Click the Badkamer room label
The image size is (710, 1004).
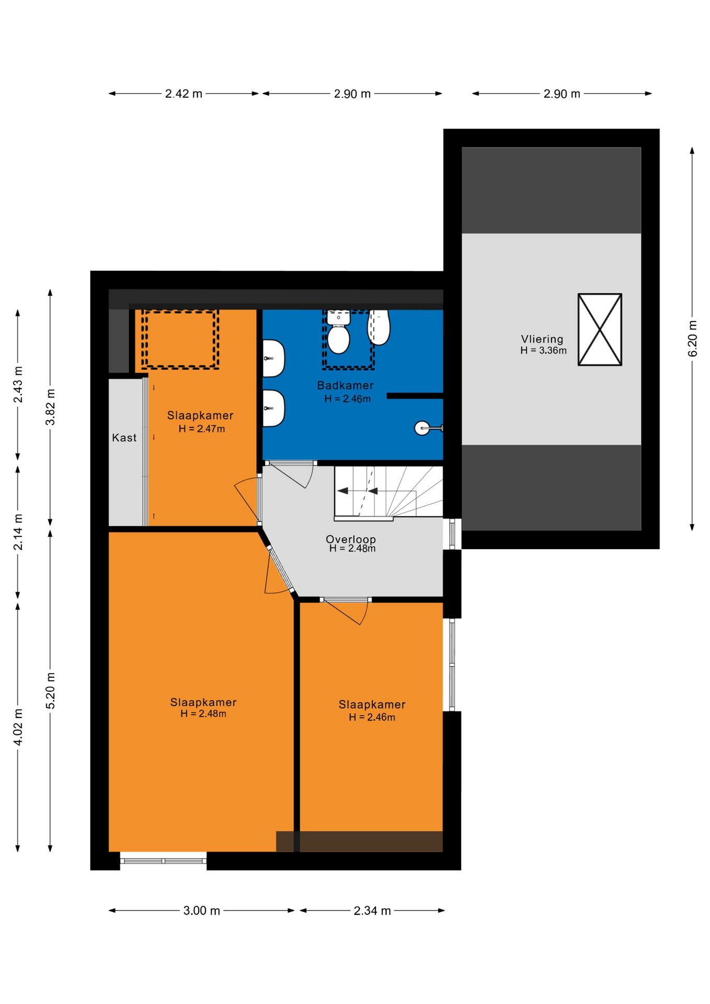[345, 385]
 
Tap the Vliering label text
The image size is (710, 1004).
[542, 339]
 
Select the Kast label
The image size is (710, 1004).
[124, 438]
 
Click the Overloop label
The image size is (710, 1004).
[351, 539]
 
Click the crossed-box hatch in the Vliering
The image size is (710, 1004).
[600, 329]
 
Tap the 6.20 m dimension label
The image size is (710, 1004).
[692, 338]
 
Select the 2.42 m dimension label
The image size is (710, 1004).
[184, 94]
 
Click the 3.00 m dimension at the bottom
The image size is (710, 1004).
[201, 910]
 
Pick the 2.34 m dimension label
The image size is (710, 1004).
[372, 910]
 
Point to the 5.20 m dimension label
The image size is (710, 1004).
[50, 691]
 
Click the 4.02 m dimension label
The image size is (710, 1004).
[18, 727]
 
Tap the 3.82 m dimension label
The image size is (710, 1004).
[50, 407]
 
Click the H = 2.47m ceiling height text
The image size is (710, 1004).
[202, 429]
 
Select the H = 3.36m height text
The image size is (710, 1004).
[543, 350]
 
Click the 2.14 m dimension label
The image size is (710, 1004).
[18, 532]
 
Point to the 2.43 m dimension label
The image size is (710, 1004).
[18, 384]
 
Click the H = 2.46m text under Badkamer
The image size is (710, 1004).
[347, 399]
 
